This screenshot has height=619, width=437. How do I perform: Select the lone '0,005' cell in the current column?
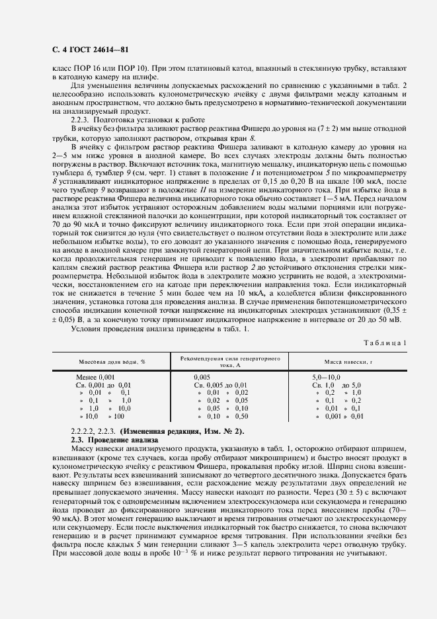pos(202,377)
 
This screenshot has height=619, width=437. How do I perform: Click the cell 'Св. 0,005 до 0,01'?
pos(220,385)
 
